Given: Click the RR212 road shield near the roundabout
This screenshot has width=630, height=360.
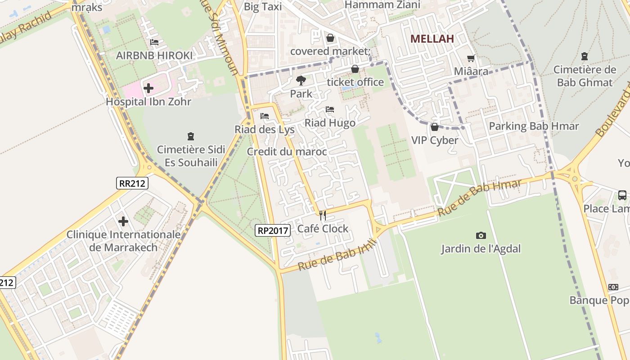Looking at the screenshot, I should [132, 183].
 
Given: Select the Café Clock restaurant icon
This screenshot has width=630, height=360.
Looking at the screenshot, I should [322, 216].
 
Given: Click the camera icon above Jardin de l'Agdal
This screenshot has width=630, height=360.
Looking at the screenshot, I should [481, 235].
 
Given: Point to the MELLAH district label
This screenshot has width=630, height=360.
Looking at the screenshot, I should [432, 39].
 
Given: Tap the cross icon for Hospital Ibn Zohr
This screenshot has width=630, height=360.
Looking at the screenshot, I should [148, 88].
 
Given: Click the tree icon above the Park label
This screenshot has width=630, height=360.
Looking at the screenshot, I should [301, 81].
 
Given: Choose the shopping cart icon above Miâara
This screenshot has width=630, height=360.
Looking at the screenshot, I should [471, 58].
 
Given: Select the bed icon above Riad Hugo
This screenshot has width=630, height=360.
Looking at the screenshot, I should [330, 109].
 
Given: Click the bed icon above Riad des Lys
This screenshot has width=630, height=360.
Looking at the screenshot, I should [265, 116].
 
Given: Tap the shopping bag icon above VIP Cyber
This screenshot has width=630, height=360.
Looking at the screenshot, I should [435, 127].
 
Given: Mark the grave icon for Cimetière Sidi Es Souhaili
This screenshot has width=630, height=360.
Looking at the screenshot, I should [191, 136].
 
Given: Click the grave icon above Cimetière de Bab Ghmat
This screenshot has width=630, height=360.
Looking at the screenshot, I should [584, 56].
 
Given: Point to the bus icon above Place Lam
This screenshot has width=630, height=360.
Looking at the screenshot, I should [622, 195].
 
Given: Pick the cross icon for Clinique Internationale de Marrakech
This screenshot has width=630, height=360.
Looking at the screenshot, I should [123, 221].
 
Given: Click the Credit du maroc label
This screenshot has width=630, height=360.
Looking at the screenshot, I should [287, 152].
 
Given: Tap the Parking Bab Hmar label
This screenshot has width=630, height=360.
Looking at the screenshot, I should [534, 126].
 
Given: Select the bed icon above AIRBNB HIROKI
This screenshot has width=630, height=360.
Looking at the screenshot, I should [154, 42].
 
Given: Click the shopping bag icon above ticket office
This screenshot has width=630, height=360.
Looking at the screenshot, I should [355, 69].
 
